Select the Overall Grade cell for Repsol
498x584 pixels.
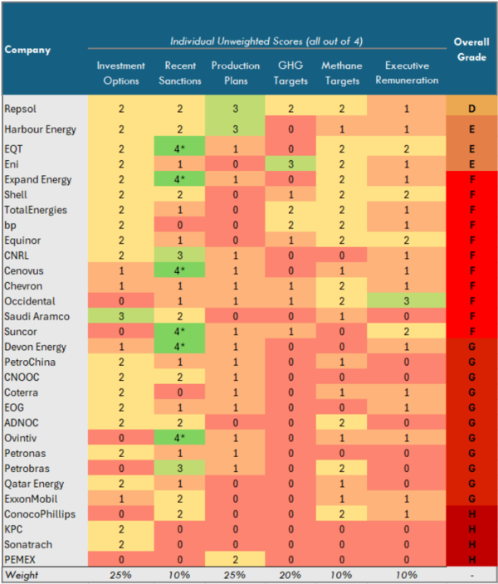coord(471,109)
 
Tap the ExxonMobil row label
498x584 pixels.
coord(31,499)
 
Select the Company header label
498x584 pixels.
coord(27,50)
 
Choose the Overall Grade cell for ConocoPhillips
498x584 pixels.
coord(471,513)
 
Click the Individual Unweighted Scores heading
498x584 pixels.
coord(265,41)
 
